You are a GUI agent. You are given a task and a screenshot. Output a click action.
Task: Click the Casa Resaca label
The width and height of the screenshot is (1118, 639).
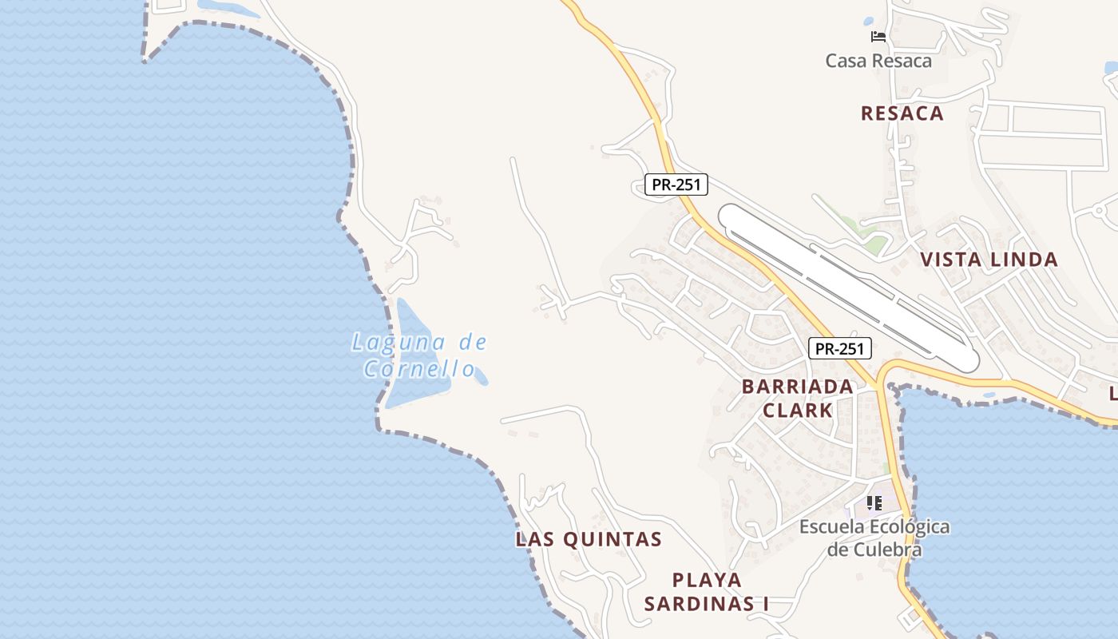tap(878, 61)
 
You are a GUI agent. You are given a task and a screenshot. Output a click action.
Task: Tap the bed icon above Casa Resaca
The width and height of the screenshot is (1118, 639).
tap(878, 37)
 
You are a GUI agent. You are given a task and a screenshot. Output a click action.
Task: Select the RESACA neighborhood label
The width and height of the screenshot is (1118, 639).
tap(902, 113)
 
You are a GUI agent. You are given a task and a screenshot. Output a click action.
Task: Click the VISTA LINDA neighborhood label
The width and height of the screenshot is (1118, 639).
tap(989, 260)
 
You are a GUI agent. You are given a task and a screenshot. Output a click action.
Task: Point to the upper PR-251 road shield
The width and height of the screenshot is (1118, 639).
tap(676, 185)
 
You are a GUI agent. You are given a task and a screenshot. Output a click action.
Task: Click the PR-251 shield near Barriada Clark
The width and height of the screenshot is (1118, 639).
tap(839, 348)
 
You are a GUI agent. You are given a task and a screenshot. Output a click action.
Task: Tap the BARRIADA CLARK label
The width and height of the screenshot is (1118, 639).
tap(797, 398)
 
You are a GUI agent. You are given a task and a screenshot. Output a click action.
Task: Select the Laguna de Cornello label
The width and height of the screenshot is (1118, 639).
tap(419, 355)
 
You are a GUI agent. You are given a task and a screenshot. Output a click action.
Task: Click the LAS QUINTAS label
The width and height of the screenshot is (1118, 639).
tap(589, 539)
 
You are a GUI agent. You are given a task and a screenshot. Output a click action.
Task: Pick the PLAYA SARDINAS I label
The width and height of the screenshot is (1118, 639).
tap(707, 592)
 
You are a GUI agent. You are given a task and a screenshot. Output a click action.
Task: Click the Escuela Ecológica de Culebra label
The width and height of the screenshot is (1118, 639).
tap(874, 538)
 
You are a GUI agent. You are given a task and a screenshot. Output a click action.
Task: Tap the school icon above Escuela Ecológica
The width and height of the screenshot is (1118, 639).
tap(874, 503)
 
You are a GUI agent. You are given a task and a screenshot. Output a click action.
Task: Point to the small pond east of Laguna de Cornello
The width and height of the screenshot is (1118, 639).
tap(479, 376)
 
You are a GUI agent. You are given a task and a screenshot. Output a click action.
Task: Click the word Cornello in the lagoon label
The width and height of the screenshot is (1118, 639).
tap(419, 369)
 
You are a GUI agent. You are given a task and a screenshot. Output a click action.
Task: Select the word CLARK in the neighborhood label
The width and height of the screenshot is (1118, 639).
tap(797, 411)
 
